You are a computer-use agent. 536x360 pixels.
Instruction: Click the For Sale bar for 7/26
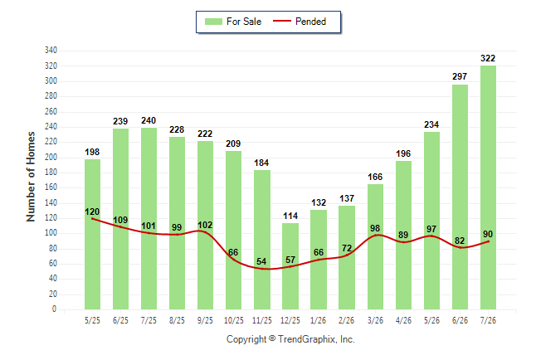click(x=488, y=187)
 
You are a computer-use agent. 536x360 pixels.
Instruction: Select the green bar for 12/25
click(x=290, y=266)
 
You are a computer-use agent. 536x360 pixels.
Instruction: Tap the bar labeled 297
click(x=460, y=197)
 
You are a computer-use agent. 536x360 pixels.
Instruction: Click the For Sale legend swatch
click(x=213, y=22)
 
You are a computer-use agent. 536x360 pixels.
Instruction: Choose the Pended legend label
click(x=310, y=22)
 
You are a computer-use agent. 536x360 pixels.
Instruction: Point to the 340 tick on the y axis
click(x=51, y=51)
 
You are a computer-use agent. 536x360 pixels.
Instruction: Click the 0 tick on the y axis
click(x=54, y=309)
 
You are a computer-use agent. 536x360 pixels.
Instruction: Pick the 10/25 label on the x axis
click(x=234, y=320)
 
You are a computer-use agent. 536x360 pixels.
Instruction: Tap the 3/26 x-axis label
click(x=375, y=320)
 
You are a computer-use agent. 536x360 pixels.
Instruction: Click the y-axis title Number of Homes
click(x=31, y=177)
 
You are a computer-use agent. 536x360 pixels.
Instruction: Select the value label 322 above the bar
click(x=488, y=58)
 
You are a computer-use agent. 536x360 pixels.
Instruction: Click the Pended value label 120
click(x=92, y=212)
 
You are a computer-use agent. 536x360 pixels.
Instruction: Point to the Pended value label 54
click(x=261, y=261)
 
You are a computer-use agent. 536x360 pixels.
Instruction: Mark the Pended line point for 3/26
click(x=375, y=236)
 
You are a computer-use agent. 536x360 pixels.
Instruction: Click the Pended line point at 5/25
click(x=92, y=219)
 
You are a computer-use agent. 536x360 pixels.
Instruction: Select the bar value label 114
click(x=290, y=216)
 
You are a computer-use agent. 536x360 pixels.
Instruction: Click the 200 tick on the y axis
click(x=51, y=158)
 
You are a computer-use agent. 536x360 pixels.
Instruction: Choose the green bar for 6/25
click(x=120, y=219)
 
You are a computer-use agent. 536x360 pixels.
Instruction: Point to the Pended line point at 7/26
click(x=488, y=241)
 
